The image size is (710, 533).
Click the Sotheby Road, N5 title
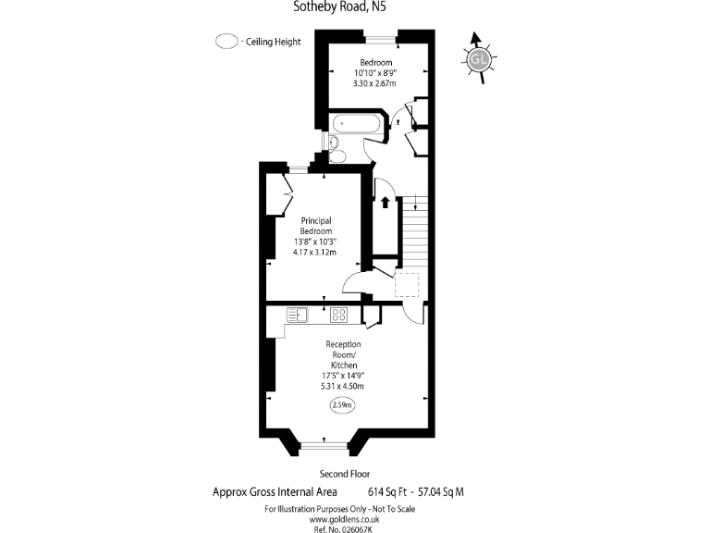click(x=339, y=6)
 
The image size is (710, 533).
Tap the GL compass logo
click(x=479, y=59)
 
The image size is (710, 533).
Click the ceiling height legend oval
click(x=226, y=42)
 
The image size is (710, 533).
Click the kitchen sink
click(x=298, y=315)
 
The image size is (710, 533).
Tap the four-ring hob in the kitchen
click(x=338, y=315)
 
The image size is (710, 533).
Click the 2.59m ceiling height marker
click(x=342, y=405)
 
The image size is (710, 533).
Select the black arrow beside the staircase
click(x=386, y=202)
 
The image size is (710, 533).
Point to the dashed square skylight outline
click(x=407, y=285)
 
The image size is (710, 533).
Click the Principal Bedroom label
click(x=316, y=226)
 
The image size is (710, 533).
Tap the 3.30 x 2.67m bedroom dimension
click(x=374, y=83)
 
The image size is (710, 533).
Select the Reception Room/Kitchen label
click(x=344, y=354)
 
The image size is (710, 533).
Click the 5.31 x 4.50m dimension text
click(x=342, y=386)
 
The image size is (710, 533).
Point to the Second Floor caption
click(x=345, y=474)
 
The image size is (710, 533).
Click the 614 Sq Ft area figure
click(x=387, y=491)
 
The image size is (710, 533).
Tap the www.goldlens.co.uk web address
click(x=344, y=519)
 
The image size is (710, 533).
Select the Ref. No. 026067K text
click(x=343, y=529)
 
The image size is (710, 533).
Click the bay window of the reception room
click(x=324, y=445)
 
